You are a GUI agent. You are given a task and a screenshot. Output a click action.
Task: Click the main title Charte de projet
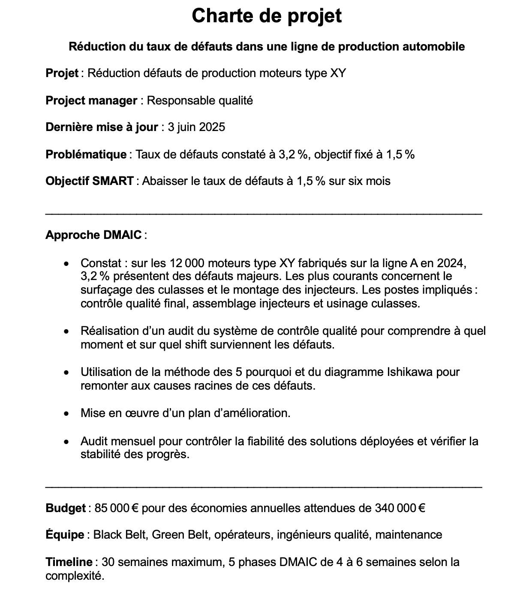pos(266,16)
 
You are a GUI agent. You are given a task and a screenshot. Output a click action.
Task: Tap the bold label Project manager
pos(91,101)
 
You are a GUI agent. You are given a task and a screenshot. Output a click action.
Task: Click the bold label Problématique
pos(86,154)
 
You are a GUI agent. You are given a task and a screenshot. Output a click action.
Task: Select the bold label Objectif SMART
pos(90,181)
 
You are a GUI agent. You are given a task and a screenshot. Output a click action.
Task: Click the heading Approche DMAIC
pos(93,235)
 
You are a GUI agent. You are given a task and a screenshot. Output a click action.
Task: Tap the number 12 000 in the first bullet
pos(187,262)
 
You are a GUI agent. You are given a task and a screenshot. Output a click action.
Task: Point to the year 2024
pos(451,262)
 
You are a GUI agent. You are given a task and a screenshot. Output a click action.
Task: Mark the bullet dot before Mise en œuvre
pos(66,414)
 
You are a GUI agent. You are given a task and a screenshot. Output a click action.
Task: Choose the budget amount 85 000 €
pos(116,508)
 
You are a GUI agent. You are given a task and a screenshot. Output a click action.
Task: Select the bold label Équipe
pos(65,535)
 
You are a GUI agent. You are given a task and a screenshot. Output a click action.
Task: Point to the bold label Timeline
pos(69,562)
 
